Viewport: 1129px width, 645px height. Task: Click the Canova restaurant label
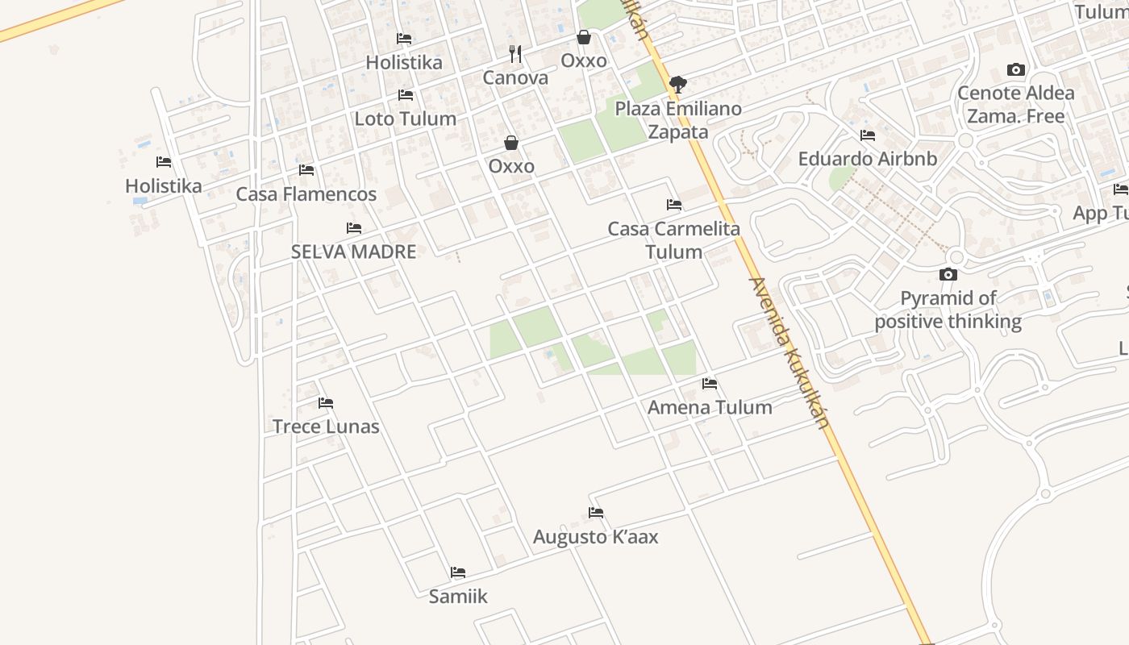(x=515, y=78)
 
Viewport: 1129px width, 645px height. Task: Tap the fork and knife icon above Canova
(x=515, y=54)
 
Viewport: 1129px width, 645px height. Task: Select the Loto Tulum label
(x=406, y=119)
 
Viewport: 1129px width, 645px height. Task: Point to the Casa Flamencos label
(x=306, y=194)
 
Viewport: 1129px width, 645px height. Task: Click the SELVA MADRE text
(x=353, y=252)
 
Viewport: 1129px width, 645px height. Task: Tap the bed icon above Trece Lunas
(x=326, y=403)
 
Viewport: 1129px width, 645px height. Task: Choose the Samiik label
(x=458, y=597)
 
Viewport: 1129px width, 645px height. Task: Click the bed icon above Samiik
(x=458, y=572)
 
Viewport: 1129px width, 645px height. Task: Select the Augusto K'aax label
(x=596, y=537)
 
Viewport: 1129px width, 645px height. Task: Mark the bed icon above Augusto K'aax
(x=596, y=513)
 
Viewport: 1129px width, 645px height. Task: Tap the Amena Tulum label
(x=710, y=407)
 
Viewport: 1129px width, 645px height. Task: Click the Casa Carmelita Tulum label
(x=674, y=240)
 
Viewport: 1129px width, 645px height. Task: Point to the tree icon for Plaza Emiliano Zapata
(x=678, y=84)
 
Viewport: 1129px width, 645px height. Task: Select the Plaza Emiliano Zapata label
(x=678, y=120)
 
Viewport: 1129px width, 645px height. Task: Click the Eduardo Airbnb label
(x=868, y=159)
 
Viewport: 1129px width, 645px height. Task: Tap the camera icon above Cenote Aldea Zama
(x=1016, y=70)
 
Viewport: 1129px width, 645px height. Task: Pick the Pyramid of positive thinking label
(x=948, y=310)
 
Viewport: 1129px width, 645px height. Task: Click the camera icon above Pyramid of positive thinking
(x=948, y=275)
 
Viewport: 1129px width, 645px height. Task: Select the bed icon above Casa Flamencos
(x=306, y=170)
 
